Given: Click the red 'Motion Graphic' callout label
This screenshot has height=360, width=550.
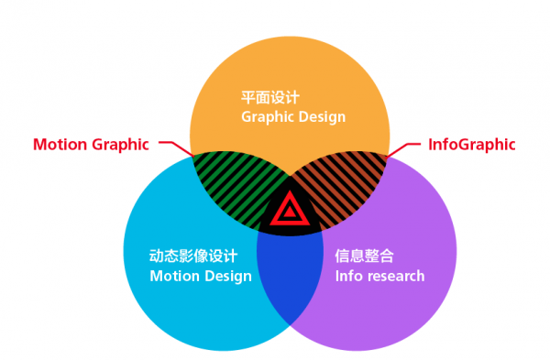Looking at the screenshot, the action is point(91,145).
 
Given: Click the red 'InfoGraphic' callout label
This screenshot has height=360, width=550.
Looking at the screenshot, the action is point(472,145).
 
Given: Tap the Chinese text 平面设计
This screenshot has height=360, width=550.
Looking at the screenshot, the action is point(270,97).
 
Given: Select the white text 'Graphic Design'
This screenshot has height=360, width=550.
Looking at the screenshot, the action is point(293,117).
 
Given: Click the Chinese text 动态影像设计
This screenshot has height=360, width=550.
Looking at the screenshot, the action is point(193,256).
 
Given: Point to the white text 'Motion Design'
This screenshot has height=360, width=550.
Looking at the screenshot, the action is point(201,277).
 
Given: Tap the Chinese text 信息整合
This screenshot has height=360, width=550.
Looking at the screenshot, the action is point(364,256).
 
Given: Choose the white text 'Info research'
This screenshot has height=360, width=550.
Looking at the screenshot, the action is point(379,277).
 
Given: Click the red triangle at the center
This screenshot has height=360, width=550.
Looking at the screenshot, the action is point(290,210).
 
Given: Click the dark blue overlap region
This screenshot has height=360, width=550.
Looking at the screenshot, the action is point(290,277).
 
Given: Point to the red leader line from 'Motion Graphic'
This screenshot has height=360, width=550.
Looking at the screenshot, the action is point(177,147).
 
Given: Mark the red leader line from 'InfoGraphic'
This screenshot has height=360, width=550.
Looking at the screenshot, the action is point(402,149).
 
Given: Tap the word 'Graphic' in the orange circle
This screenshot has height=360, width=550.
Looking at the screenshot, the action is point(268,117).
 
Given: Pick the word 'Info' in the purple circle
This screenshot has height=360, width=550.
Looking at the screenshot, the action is point(350,277).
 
